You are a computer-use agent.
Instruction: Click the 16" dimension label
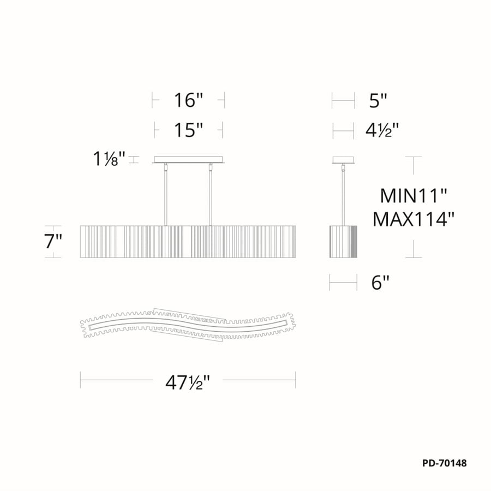[x=188, y=100]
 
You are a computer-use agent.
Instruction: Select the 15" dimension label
[x=188, y=130]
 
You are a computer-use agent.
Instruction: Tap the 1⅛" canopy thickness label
[x=109, y=159]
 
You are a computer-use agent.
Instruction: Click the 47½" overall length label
[x=188, y=384]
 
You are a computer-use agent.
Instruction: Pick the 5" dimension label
[x=378, y=100]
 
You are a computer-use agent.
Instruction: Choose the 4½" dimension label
[x=381, y=130]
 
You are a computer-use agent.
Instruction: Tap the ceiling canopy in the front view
[x=188, y=160]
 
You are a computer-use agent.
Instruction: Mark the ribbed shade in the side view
[x=343, y=241]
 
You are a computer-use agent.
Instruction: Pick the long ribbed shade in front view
[x=188, y=241]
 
